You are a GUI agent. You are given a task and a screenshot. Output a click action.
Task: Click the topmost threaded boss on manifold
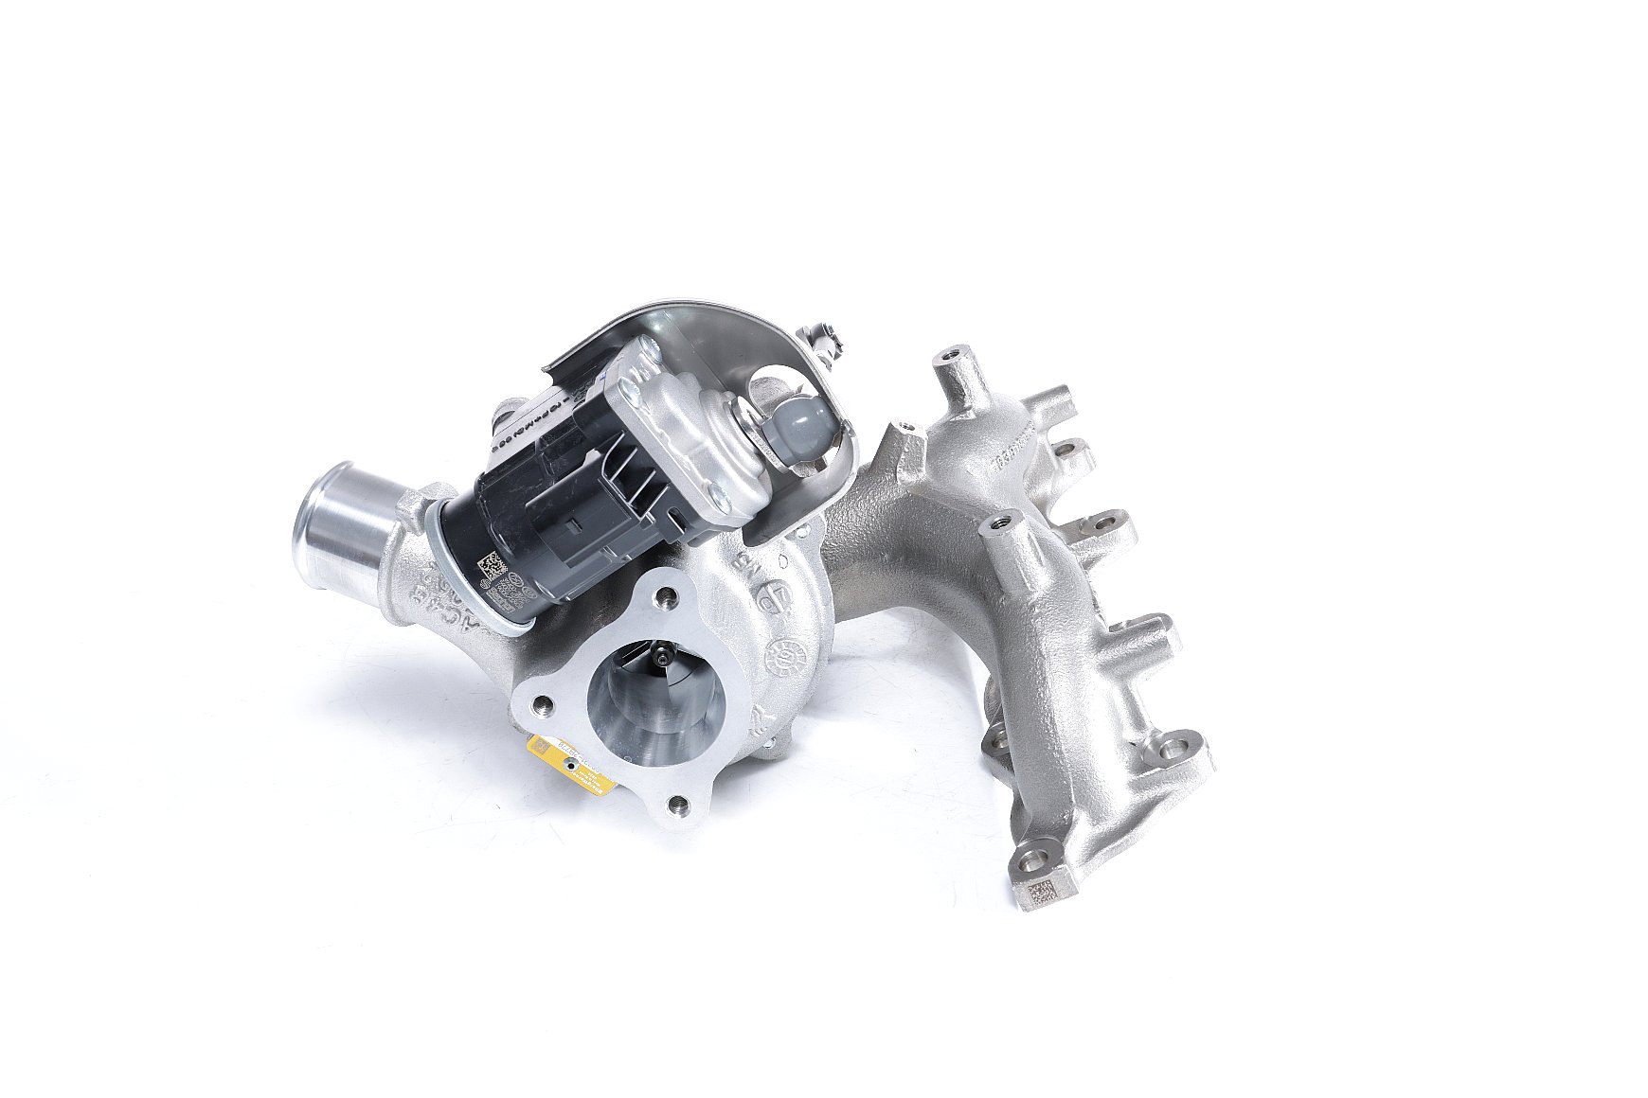point(950,359)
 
